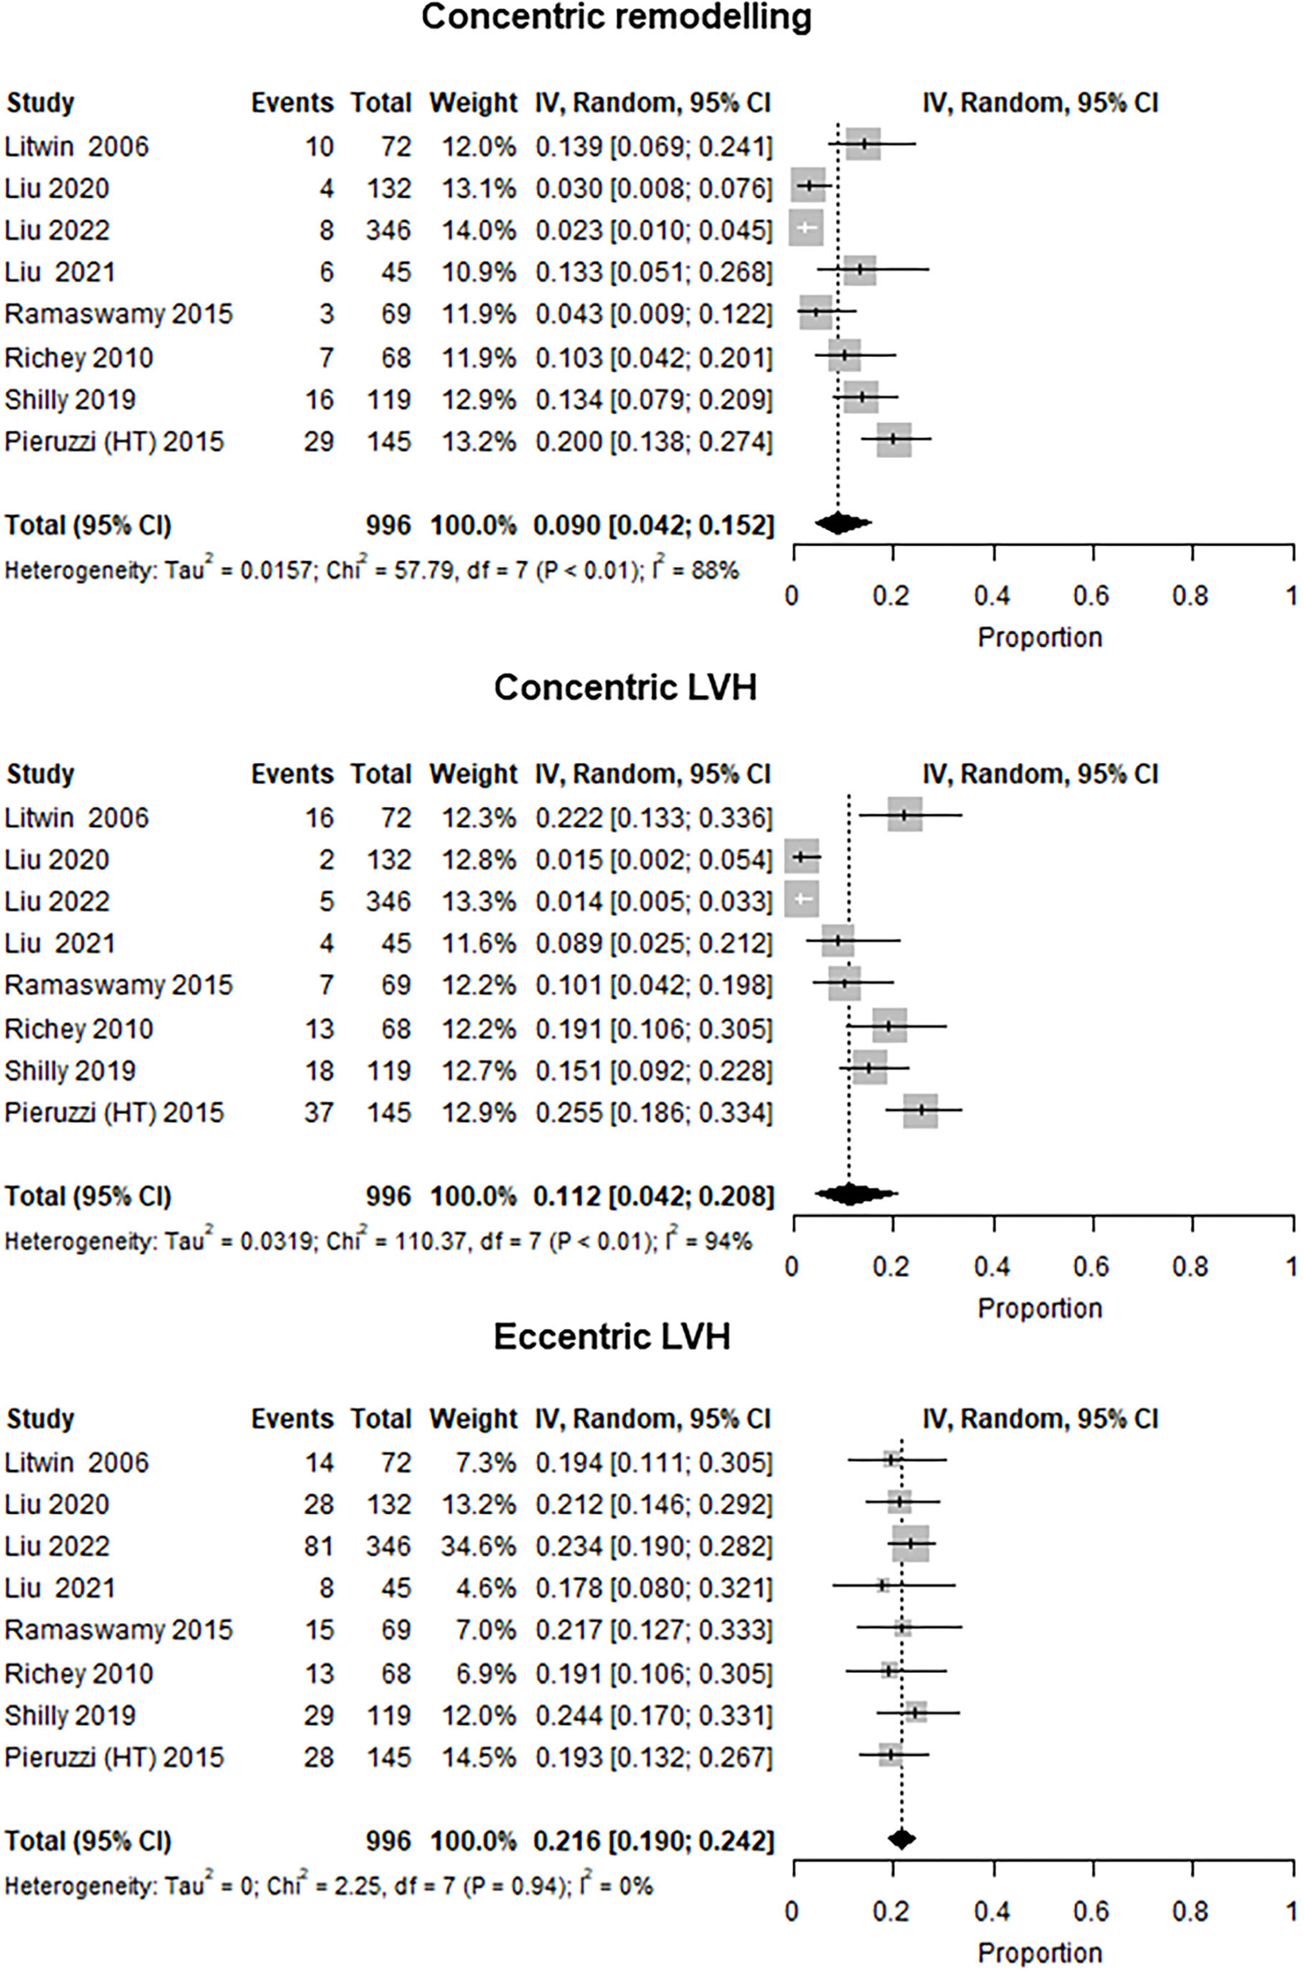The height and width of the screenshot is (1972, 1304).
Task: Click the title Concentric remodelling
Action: [x=616, y=17]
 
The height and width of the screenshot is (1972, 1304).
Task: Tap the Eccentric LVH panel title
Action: [x=612, y=1337]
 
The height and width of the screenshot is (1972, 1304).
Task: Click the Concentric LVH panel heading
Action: [x=626, y=688]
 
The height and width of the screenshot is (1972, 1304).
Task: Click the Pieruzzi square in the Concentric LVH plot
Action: [x=921, y=1110]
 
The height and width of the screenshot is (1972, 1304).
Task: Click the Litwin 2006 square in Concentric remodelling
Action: [x=864, y=144]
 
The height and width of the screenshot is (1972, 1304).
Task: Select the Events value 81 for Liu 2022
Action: [x=319, y=1546]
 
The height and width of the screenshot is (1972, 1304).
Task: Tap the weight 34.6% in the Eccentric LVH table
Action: [x=474, y=1546]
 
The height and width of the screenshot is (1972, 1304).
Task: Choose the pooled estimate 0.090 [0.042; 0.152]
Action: [x=654, y=525]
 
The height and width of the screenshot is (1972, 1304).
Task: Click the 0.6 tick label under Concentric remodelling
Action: [x=1090, y=596]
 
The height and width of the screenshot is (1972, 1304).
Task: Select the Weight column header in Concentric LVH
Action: [x=473, y=774]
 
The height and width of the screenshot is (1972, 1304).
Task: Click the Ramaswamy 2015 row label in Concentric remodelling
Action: [x=119, y=314]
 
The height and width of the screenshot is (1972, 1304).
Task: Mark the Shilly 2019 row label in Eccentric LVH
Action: [x=70, y=1715]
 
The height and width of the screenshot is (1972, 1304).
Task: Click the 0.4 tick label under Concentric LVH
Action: [x=992, y=1267]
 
